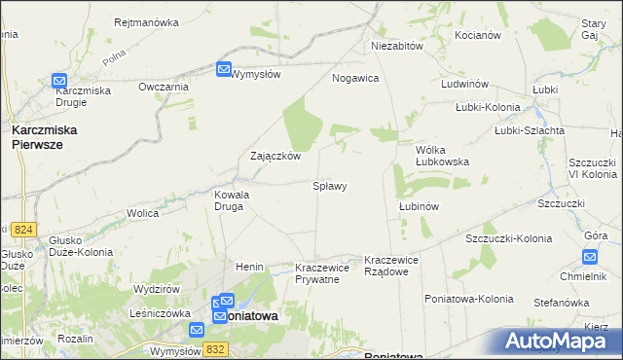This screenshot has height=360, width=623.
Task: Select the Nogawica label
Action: pos(355,78)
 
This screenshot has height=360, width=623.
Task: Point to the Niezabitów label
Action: pos(396,46)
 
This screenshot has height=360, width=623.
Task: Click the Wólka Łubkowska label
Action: pos(442,156)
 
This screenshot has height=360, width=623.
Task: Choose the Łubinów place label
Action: pos(420,206)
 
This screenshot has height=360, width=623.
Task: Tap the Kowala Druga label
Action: pos(232,200)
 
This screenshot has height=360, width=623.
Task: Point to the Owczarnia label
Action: pos(163,87)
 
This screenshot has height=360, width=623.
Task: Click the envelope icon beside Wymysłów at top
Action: pos(223,69)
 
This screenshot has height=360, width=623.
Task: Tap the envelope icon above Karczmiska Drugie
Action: pos(59,82)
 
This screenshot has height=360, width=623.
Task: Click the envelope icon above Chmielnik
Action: pos(589,257)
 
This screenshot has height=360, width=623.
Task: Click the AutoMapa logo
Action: pos(560,341)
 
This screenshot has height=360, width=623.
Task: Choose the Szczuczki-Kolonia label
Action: pos(508,238)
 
